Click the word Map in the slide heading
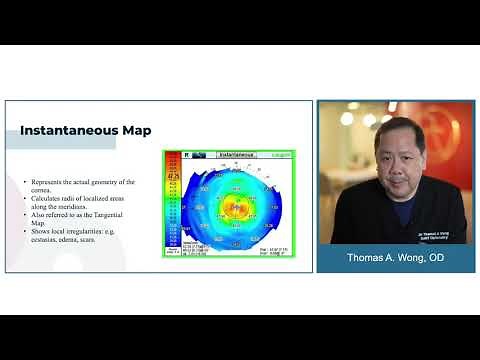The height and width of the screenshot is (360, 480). pos(130,129)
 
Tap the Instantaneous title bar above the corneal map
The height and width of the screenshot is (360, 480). pos(235,156)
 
